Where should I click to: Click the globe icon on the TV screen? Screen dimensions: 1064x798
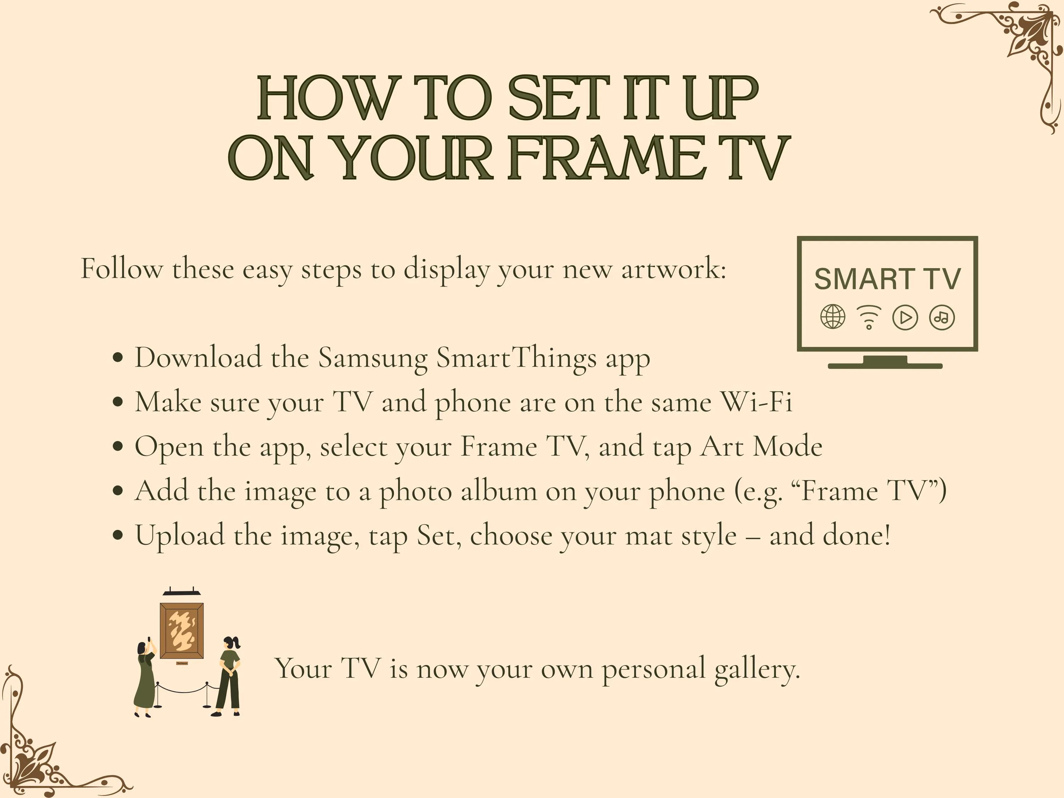point(833,317)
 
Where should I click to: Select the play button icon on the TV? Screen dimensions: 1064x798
point(905,317)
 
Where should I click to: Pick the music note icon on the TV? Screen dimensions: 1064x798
point(942,317)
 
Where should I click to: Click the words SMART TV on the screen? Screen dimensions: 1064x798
point(887,279)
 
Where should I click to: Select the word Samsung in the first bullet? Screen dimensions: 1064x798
point(373,358)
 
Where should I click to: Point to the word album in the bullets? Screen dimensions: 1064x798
point(498,490)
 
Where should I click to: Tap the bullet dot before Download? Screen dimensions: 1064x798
point(117,358)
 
